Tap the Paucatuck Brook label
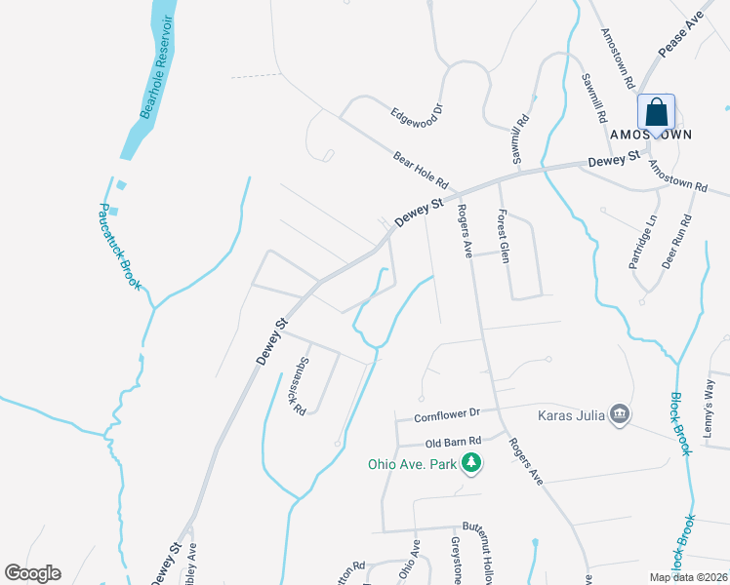pyautogui.click(x=121, y=247)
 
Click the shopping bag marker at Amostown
pyautogui.click(x=656, y=112)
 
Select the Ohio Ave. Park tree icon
pyautogui.click(x=472, y=463)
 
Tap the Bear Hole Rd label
pyautogui.click(x=420, y=169)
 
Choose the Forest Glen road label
pyautogui.click(x=504, y=236)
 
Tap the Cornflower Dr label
pyautogui.click(x=447, y=413)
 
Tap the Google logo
pyautogui.click(x=32, y=573)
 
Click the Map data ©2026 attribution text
pyautogui.click(x=688, y=577)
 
